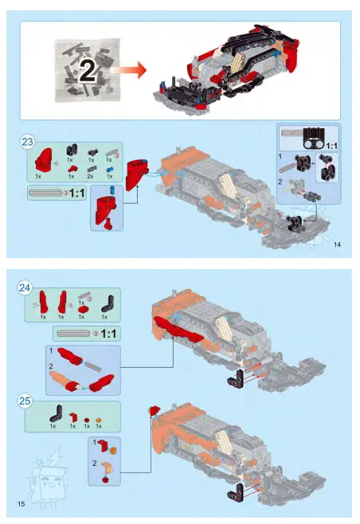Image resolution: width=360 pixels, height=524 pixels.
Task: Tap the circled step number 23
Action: pos(27,143)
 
